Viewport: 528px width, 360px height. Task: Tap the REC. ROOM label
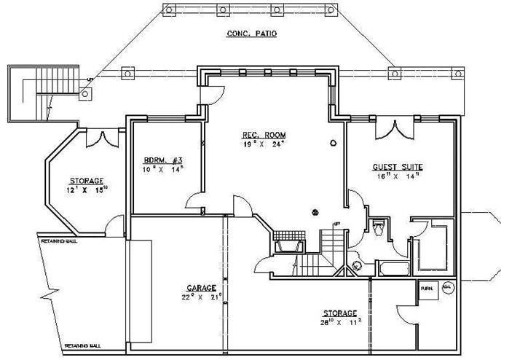(x=264, y=136)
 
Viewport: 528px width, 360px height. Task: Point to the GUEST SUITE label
(x=398, y=167)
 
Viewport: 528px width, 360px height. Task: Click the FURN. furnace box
(x=427, y=289)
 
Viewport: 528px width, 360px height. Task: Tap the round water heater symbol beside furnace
(x=447, y=287)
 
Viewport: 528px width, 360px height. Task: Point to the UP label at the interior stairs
(x=336, y=223)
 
